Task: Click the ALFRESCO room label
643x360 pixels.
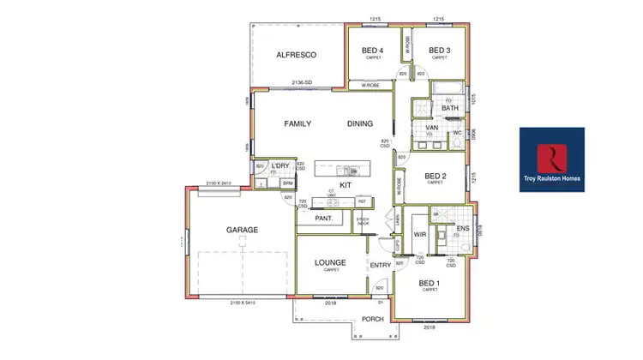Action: (x=297, y=55)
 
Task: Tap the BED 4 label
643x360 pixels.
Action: (x=373, y=50)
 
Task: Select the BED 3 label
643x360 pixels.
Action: (x=440, y=50)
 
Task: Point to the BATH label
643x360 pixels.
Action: (x=450, y=108)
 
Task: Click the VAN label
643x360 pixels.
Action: (x=433, y=128)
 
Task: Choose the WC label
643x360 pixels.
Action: (x=457, y=133)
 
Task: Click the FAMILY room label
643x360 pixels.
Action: (x=297, y=123)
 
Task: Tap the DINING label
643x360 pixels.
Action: (x=360, y=123)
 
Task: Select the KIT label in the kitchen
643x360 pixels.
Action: (x=346, y=185)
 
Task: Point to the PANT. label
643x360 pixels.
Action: (x=313, y=219)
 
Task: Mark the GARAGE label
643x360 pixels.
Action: (x=242, y=230)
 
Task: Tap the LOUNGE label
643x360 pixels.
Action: (x=330, y=261)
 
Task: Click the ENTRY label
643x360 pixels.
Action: (x=380, y=266)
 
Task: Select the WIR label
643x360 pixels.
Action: (x=420, y=233)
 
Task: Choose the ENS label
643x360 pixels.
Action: (x=463, y=228)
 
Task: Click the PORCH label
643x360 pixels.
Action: (x=373, y=319)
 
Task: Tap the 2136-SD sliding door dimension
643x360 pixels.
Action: (x=301, y=83)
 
